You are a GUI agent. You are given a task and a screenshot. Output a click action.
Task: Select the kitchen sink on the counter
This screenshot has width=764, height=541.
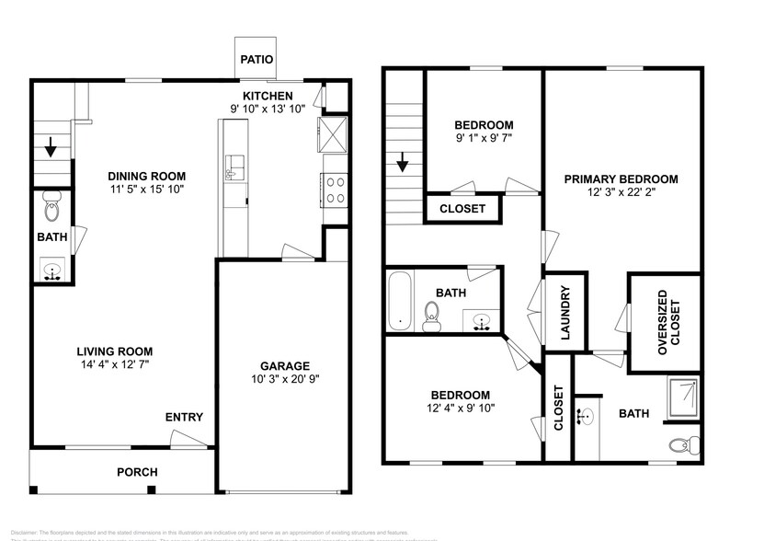click(x=233, y=167)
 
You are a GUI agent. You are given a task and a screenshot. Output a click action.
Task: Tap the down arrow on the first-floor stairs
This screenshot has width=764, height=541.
click(x=50, y=145)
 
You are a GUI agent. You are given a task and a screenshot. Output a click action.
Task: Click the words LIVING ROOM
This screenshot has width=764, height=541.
click(x=115, y=351)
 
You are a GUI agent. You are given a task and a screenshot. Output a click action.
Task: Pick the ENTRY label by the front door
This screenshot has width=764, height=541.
click(x=184, y=418)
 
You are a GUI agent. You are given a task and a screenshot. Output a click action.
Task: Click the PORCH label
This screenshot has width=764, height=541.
click(x=137, y=472)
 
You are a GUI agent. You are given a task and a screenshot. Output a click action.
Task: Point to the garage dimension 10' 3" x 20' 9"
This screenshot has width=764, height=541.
click(x=284, y=379)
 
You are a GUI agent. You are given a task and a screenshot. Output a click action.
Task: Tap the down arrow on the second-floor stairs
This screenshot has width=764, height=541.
click(x=402, y=166)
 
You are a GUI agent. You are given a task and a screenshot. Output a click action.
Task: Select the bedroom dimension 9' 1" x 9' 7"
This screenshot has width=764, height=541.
click(x=484, y=140)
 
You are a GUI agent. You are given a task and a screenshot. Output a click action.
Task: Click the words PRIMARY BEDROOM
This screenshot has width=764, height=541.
click(x=621, y=178)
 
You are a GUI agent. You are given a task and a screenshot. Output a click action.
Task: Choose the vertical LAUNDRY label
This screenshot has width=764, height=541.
click(x=565, y=312)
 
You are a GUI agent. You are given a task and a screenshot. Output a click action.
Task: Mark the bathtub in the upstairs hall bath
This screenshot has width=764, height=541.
click(x=398, y=300)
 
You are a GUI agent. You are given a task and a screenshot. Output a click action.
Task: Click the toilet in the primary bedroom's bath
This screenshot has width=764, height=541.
click(x=679, y=446)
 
